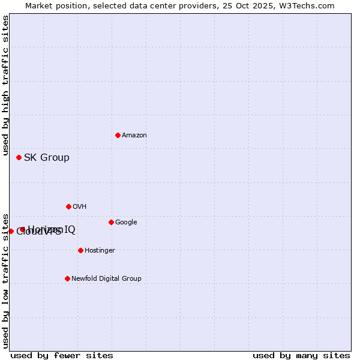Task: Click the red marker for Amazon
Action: (x=118, y=135)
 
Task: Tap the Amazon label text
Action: (x=134, y=136)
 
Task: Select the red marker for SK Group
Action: (x=19, y=157)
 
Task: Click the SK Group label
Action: (x=47, y=158)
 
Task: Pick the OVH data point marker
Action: (x=68, y=206)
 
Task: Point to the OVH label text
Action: (x=80, y=207)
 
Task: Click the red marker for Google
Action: (x=111, y=222)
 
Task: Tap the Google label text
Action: (x=126, y=223)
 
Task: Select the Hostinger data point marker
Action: (x=80, y=250)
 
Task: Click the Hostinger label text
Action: (x=100, y=251)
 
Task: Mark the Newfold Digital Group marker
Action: (x=67, y=278)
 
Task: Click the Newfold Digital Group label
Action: (x=106, y=279)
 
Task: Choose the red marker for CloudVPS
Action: (x=11, y=231)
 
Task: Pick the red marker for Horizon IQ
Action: (x=22, y=229)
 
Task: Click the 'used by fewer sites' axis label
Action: (x=62, y=355)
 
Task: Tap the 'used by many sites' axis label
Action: (x=301, y=355)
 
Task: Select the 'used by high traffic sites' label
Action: (x=5, y=86)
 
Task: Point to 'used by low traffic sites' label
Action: (x=5, y=281)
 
